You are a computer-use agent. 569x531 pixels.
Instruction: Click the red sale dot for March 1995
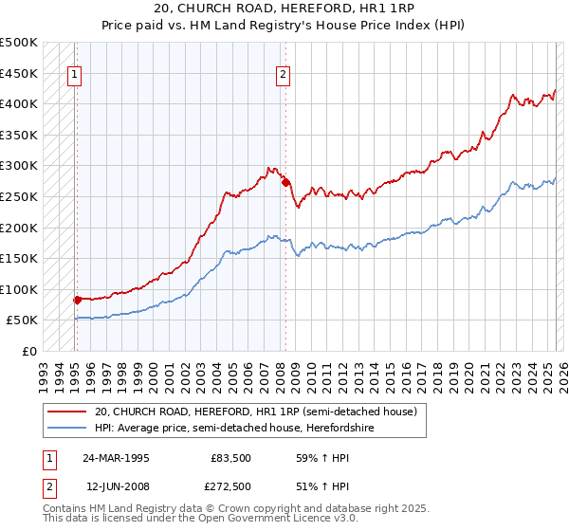coord(77,300)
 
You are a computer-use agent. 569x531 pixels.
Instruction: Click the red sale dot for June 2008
coord(285,182)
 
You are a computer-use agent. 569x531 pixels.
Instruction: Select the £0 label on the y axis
coord(29,351)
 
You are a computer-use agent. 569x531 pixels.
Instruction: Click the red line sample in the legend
coord(65,412)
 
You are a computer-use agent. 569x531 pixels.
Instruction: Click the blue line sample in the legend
coord(65,428)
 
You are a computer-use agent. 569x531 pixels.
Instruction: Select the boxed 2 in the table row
coord(47,486)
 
